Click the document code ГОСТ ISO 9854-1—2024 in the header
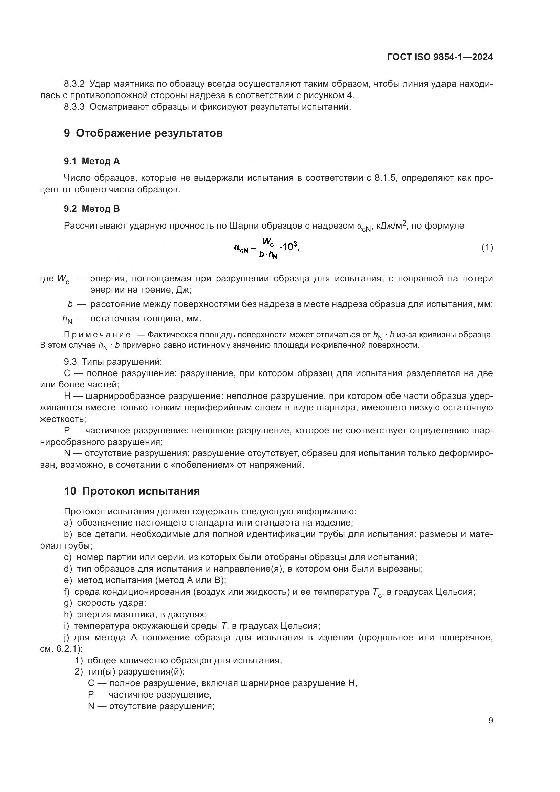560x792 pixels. point(440,57)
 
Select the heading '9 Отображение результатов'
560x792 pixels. point(143,133)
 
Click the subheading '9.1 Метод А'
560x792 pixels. point(92,161)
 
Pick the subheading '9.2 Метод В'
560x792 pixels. point(92,208)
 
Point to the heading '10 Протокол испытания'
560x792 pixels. point(132,491)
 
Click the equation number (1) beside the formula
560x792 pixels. point(487,247)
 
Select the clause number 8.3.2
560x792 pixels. point(74,84)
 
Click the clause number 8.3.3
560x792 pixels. point(74,107)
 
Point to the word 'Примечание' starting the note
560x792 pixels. point(97,335)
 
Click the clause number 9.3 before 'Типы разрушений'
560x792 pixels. point(70,362)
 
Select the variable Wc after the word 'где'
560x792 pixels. point(63,279)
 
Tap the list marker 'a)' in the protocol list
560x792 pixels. point(68,523)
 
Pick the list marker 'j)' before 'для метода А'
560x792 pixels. point(67,637)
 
